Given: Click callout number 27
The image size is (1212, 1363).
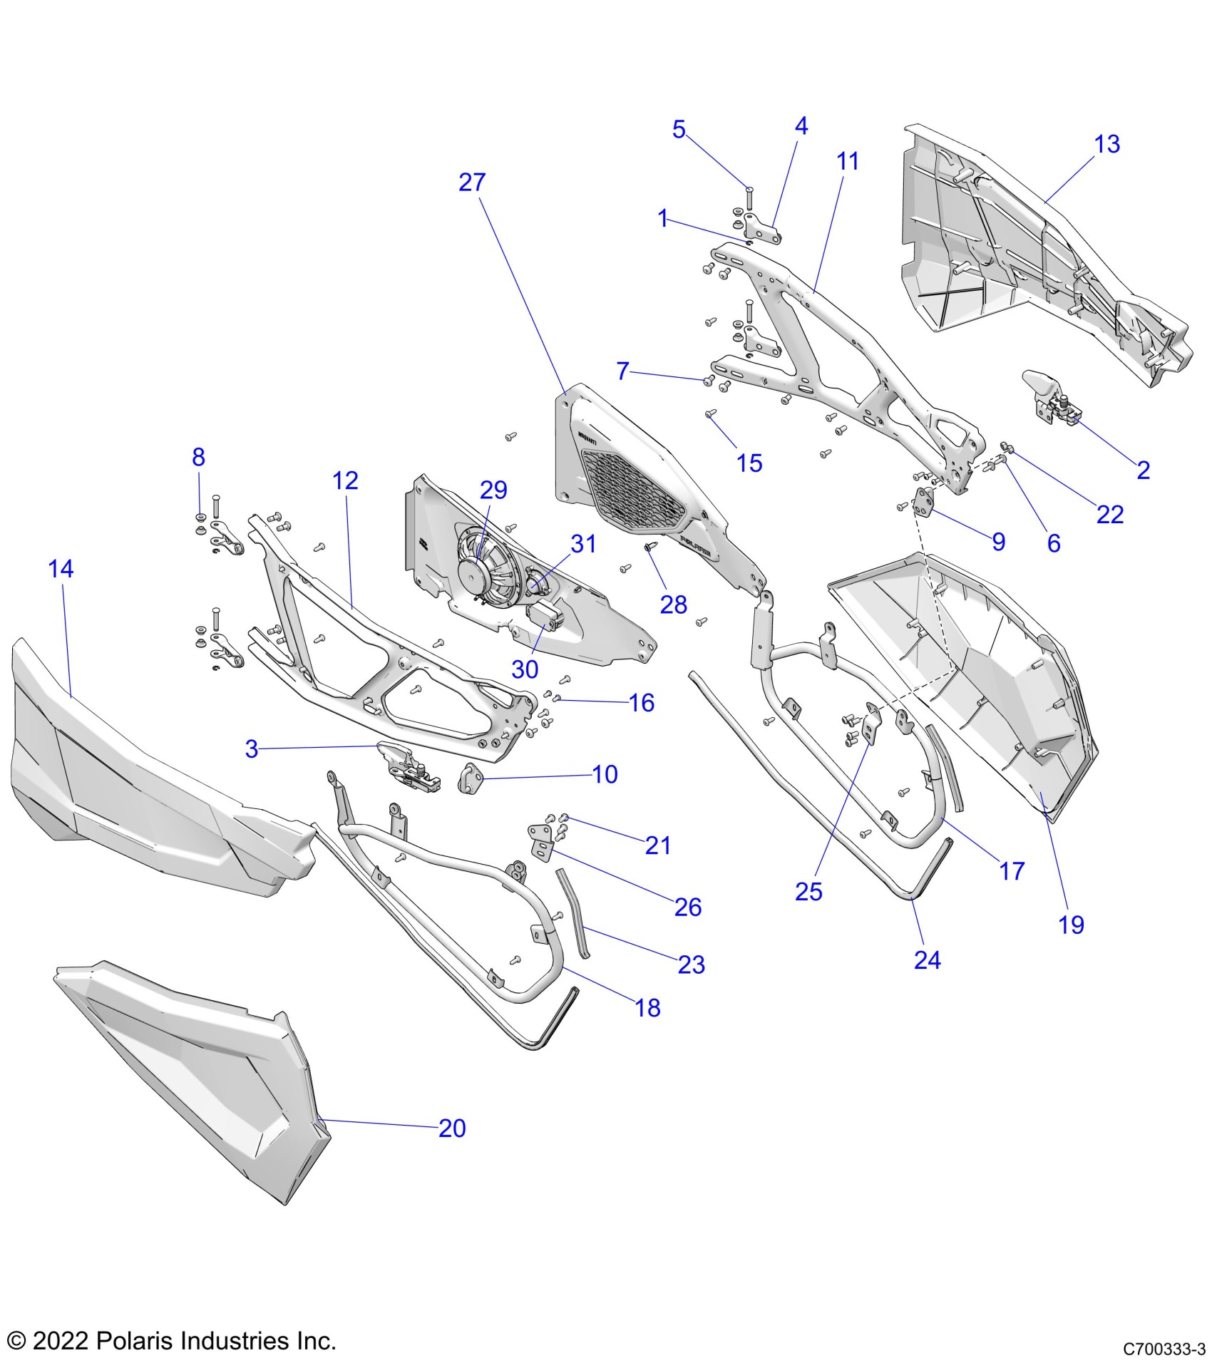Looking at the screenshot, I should (472, 182).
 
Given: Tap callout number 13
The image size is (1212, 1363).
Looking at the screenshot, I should (1107, 144).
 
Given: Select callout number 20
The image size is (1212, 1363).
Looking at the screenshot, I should (452, 1128).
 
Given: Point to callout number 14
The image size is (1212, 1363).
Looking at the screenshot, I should (61, 569).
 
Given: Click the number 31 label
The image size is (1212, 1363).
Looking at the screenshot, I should (583, 544).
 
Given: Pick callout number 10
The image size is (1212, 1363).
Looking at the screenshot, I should (605, 774).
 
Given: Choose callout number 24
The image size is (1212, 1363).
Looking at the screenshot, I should (927, 960).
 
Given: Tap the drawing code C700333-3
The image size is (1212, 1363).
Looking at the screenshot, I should (1164, 1349).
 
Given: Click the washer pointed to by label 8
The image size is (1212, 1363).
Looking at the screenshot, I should (200, 515).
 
